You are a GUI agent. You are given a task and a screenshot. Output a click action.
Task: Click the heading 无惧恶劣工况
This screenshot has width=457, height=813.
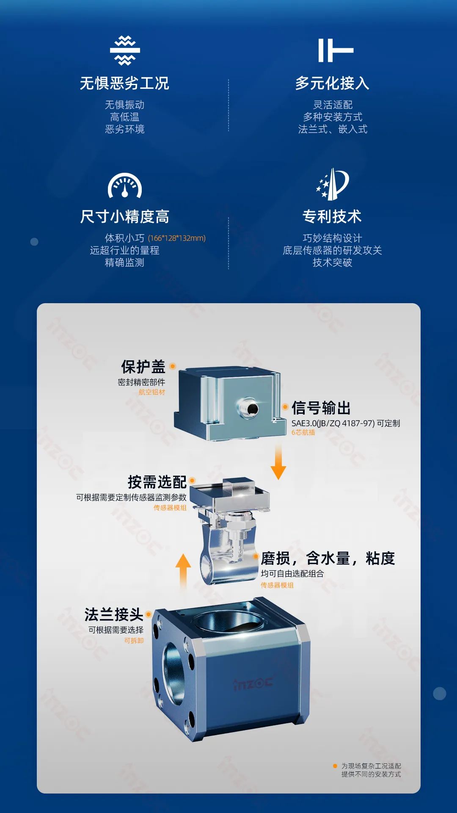(x=124, y=83)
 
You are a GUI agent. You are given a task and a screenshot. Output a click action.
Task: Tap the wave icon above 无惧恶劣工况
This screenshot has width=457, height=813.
(x=125, y=50)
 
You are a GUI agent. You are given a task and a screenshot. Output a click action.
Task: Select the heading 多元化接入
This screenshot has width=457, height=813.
(x=332, y=83)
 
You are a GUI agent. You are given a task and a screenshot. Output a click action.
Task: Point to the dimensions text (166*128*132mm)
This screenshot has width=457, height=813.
(x=177, y=238)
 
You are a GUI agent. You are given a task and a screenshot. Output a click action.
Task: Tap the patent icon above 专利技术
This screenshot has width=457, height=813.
(x=333, y=184)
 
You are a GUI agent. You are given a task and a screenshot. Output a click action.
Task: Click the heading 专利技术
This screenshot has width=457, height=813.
(x=332, y=216)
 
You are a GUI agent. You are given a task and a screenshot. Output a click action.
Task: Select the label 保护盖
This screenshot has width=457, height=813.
(x=143, y=367)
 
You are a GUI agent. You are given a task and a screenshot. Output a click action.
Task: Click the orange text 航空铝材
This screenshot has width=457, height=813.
(x=152, y=392)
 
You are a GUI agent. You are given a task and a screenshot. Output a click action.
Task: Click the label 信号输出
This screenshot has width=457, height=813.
(x=321, y=408)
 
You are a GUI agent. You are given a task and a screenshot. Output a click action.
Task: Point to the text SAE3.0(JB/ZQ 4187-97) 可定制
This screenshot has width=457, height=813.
(x=345, y=423)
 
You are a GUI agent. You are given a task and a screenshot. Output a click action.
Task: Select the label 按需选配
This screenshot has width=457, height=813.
(x=157, y=482)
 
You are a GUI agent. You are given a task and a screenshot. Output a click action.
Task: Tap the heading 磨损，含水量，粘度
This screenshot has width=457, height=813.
(x=328, y=559)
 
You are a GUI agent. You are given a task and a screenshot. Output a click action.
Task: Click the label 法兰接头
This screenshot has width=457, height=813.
(x=113, y=614)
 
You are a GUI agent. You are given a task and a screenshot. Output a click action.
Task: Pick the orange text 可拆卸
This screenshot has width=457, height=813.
(x=134, y=641)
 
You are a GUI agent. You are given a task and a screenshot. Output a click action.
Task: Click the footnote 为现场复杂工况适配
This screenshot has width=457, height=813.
(x=371, y=766)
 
